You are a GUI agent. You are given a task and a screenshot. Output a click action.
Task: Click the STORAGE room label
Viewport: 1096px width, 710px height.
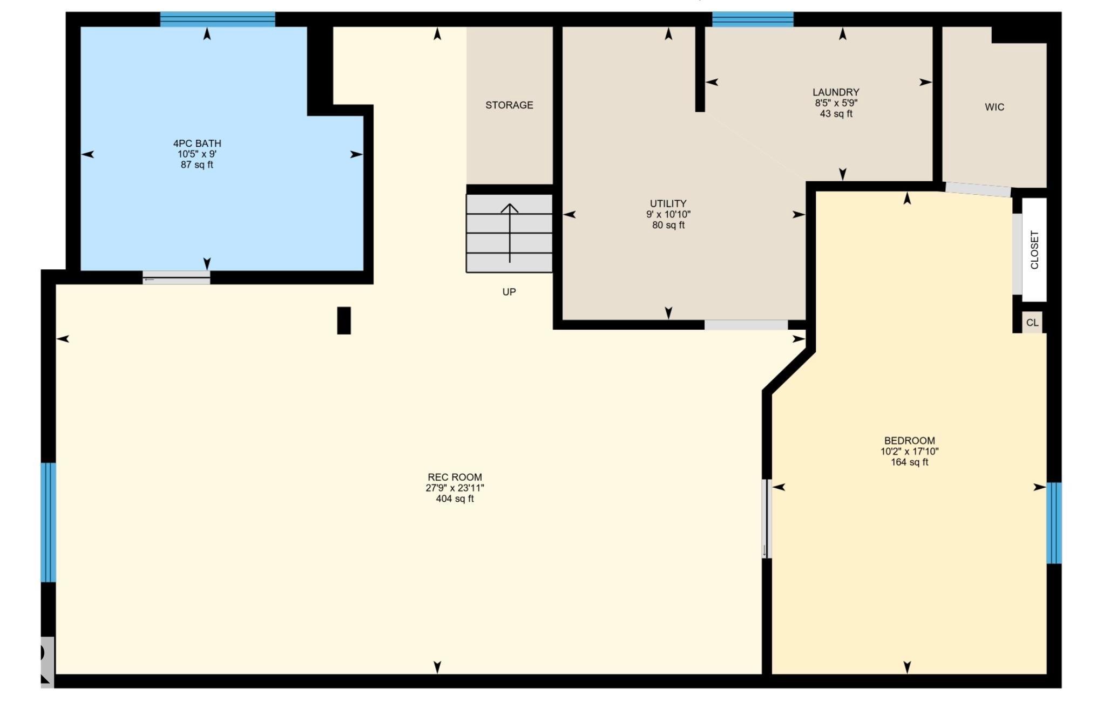tap(509, 105)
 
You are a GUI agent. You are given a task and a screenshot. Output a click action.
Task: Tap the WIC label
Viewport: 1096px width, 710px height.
tap(994, 107)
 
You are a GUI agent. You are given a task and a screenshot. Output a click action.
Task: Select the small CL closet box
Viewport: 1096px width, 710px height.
tap(1032, 322)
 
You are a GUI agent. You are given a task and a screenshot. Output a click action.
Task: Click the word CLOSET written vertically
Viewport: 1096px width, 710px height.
tap(1034, 250)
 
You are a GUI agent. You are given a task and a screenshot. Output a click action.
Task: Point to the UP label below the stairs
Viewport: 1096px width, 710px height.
tap(509, 292)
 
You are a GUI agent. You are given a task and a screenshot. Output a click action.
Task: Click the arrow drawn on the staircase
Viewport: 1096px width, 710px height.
tap(510, 233)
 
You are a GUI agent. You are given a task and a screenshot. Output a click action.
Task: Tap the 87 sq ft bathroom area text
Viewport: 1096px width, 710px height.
tap(197, 165)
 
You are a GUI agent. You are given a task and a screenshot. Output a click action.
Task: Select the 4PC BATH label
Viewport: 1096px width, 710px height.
tap(197, 144)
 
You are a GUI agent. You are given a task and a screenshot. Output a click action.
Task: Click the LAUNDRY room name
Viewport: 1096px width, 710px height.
tap(836, 92)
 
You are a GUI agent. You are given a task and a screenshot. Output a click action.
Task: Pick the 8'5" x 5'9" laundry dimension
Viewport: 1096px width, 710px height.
tap(836, 103)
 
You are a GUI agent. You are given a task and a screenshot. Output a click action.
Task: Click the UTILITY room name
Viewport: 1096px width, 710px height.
tap(668, 203)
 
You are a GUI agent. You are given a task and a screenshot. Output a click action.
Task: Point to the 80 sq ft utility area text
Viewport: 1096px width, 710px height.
tap(668, 225)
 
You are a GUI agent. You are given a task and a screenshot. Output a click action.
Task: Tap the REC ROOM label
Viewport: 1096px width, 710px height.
tap(455, 477)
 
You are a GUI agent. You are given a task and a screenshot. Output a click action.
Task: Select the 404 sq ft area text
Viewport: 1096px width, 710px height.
tap(455, 499)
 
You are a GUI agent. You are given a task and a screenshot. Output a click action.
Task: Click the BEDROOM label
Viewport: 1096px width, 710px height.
tap(909, 441)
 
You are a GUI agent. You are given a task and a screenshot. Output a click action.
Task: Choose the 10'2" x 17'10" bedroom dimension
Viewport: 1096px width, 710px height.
tap(909, 452)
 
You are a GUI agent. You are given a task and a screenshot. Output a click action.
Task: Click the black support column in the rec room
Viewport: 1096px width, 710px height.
tap(344, 320)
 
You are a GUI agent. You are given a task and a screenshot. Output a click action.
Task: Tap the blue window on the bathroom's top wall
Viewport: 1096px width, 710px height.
tap(218, 19)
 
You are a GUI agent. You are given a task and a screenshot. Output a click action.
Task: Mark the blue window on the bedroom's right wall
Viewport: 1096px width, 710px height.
tap(1054, 523)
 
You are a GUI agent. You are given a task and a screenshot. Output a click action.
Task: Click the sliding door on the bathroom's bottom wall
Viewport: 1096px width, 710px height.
tap(176, 277)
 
